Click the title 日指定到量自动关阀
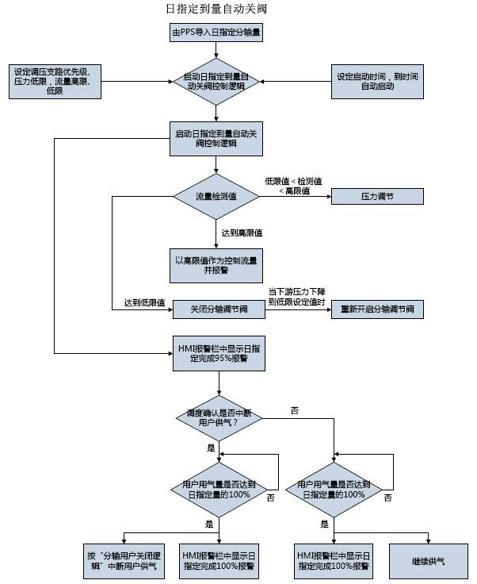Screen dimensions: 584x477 tap(216, 9)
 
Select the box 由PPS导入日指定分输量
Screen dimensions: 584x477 tap(216, 33)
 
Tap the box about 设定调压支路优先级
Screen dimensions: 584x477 tap(55, 81)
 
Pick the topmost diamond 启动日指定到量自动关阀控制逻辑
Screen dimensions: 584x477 tap(216, 81)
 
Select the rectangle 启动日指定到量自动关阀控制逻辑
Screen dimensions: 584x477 tap(216, 139)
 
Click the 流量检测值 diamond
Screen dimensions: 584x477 tap(216, 196)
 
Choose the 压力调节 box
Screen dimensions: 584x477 tap(376, 196)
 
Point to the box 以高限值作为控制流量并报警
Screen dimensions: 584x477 tap(216, 264)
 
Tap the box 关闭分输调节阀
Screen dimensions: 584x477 tap(216, 309)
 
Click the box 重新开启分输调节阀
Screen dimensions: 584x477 tap(376, 309)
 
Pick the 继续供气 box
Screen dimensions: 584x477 tap(429, 561)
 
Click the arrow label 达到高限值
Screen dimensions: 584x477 tap(242, 233)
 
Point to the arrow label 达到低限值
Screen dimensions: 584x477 tap(144, 303)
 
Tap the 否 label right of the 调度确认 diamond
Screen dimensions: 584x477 tap(295, 410)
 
